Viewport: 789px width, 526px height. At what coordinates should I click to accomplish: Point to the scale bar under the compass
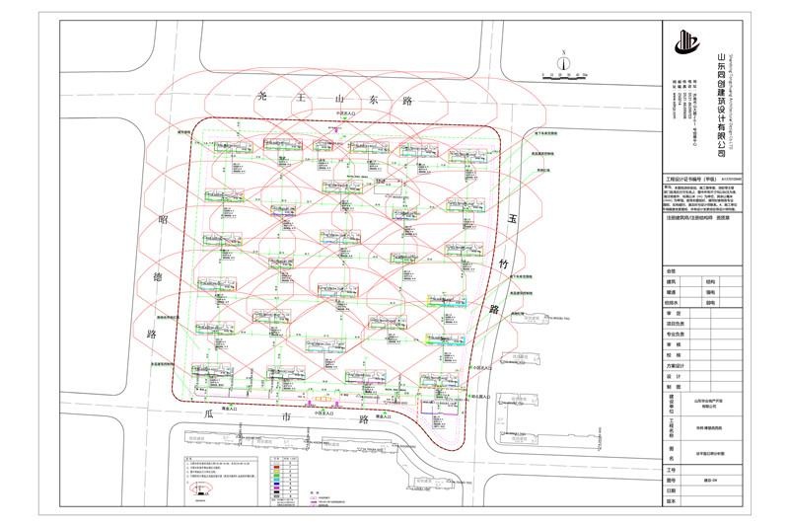tap(563, 74)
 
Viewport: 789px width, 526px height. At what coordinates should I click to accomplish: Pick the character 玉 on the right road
tap(512, 221)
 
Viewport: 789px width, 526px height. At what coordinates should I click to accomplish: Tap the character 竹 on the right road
tap(503, 265)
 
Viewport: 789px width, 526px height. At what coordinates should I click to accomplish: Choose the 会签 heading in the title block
tap(671, 269)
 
